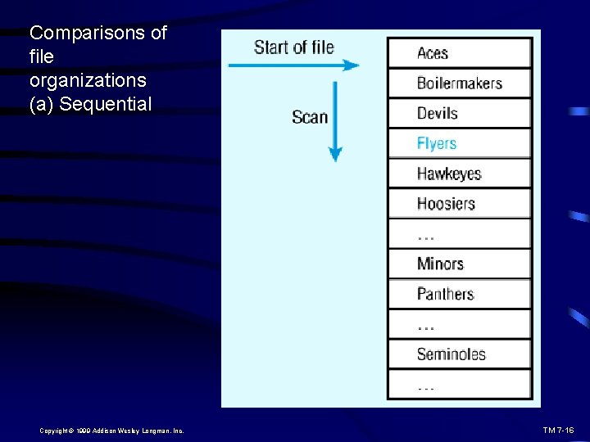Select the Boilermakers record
point(459,83)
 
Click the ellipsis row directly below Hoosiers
point(459,234)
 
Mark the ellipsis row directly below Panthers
point(459,324)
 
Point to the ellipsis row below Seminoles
point(459,385)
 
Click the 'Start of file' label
point(293,47)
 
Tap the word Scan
point(309,117)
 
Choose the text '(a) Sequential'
point(90,105)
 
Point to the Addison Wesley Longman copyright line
point(111,431)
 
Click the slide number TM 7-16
point(558,430)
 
